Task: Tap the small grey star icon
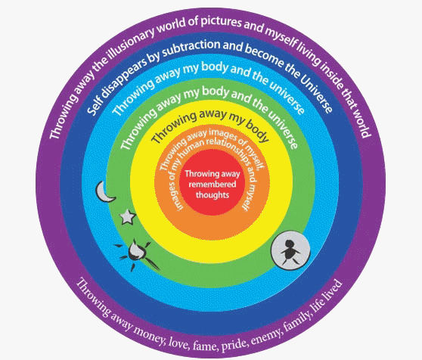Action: (127, 217)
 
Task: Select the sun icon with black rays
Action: (136, 253)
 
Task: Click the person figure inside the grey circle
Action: (290, 252)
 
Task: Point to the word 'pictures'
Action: (221, 21)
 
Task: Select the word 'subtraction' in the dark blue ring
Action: (191, 48)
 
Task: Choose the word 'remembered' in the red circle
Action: (213, 185)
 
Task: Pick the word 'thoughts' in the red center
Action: (213, 195)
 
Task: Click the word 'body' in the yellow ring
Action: (256, 130)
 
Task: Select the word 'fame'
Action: (204, 345)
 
